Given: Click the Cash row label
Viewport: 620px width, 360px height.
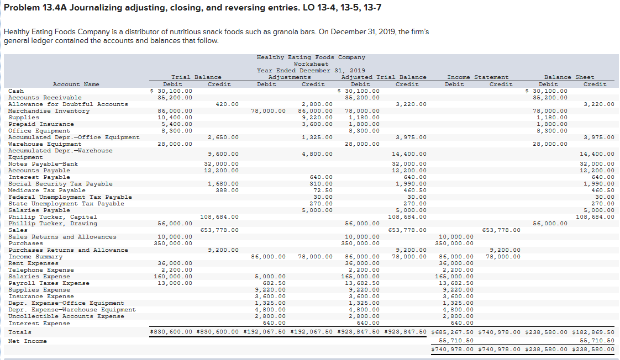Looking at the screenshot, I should [x=16, y=91].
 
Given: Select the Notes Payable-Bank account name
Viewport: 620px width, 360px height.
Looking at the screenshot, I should [x=43, y=164].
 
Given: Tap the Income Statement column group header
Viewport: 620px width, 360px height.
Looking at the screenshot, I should [x=477, y=77].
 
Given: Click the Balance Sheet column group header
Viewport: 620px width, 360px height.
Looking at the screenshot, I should [x=569, y=77].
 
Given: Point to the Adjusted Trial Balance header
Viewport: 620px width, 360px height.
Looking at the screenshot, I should [x=383, y=77].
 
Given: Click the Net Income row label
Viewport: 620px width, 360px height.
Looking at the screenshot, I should [x=28, y=341].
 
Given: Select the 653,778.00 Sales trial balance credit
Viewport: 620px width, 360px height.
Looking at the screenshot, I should [x=219, y=230].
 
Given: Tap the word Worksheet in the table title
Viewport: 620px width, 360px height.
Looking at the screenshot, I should [x=311, y=64].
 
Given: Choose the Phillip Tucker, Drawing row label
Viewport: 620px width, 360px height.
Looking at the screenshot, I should [x=52, y=224].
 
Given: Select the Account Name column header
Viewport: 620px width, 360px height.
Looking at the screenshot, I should [x=76, y=84].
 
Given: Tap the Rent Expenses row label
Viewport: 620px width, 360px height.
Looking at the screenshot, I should [x=33, y=263].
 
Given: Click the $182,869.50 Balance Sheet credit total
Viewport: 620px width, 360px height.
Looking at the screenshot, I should [x=595, y=332].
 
